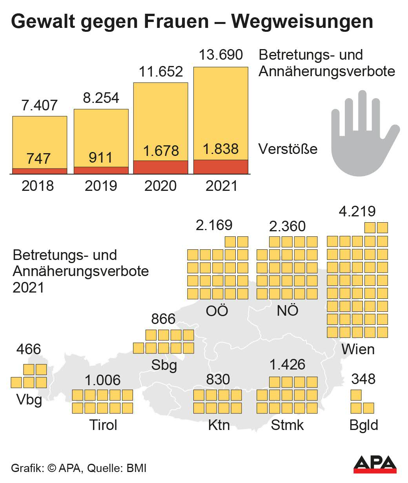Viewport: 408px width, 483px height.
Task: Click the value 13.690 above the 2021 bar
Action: (x=221, y=55)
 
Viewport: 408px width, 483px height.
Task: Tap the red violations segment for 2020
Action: (x=161, y=167)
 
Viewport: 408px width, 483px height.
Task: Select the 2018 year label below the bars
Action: (x=38, y=185)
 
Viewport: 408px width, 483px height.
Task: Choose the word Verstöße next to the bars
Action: (x=288, y=149)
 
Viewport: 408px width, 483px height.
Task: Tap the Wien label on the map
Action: (x=358, y=349)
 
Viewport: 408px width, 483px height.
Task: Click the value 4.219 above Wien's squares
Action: (x=357, y=211)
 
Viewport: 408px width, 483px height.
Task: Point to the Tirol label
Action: (x=103, y=424)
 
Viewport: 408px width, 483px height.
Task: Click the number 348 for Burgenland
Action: (x=363, y=379)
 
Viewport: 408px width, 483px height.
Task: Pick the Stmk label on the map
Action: (x=287, y=424)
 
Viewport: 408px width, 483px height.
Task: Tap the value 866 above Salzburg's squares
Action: (x=163, y=318)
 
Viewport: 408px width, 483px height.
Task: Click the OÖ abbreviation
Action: (x=217, y=311)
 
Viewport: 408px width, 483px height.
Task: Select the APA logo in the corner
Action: (x=375, y=464)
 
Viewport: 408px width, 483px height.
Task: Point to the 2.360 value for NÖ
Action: (x=287, y=226)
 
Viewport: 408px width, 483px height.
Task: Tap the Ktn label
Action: (x=219, y=424)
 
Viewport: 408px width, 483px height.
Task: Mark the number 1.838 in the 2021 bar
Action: (x=221, y=149)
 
